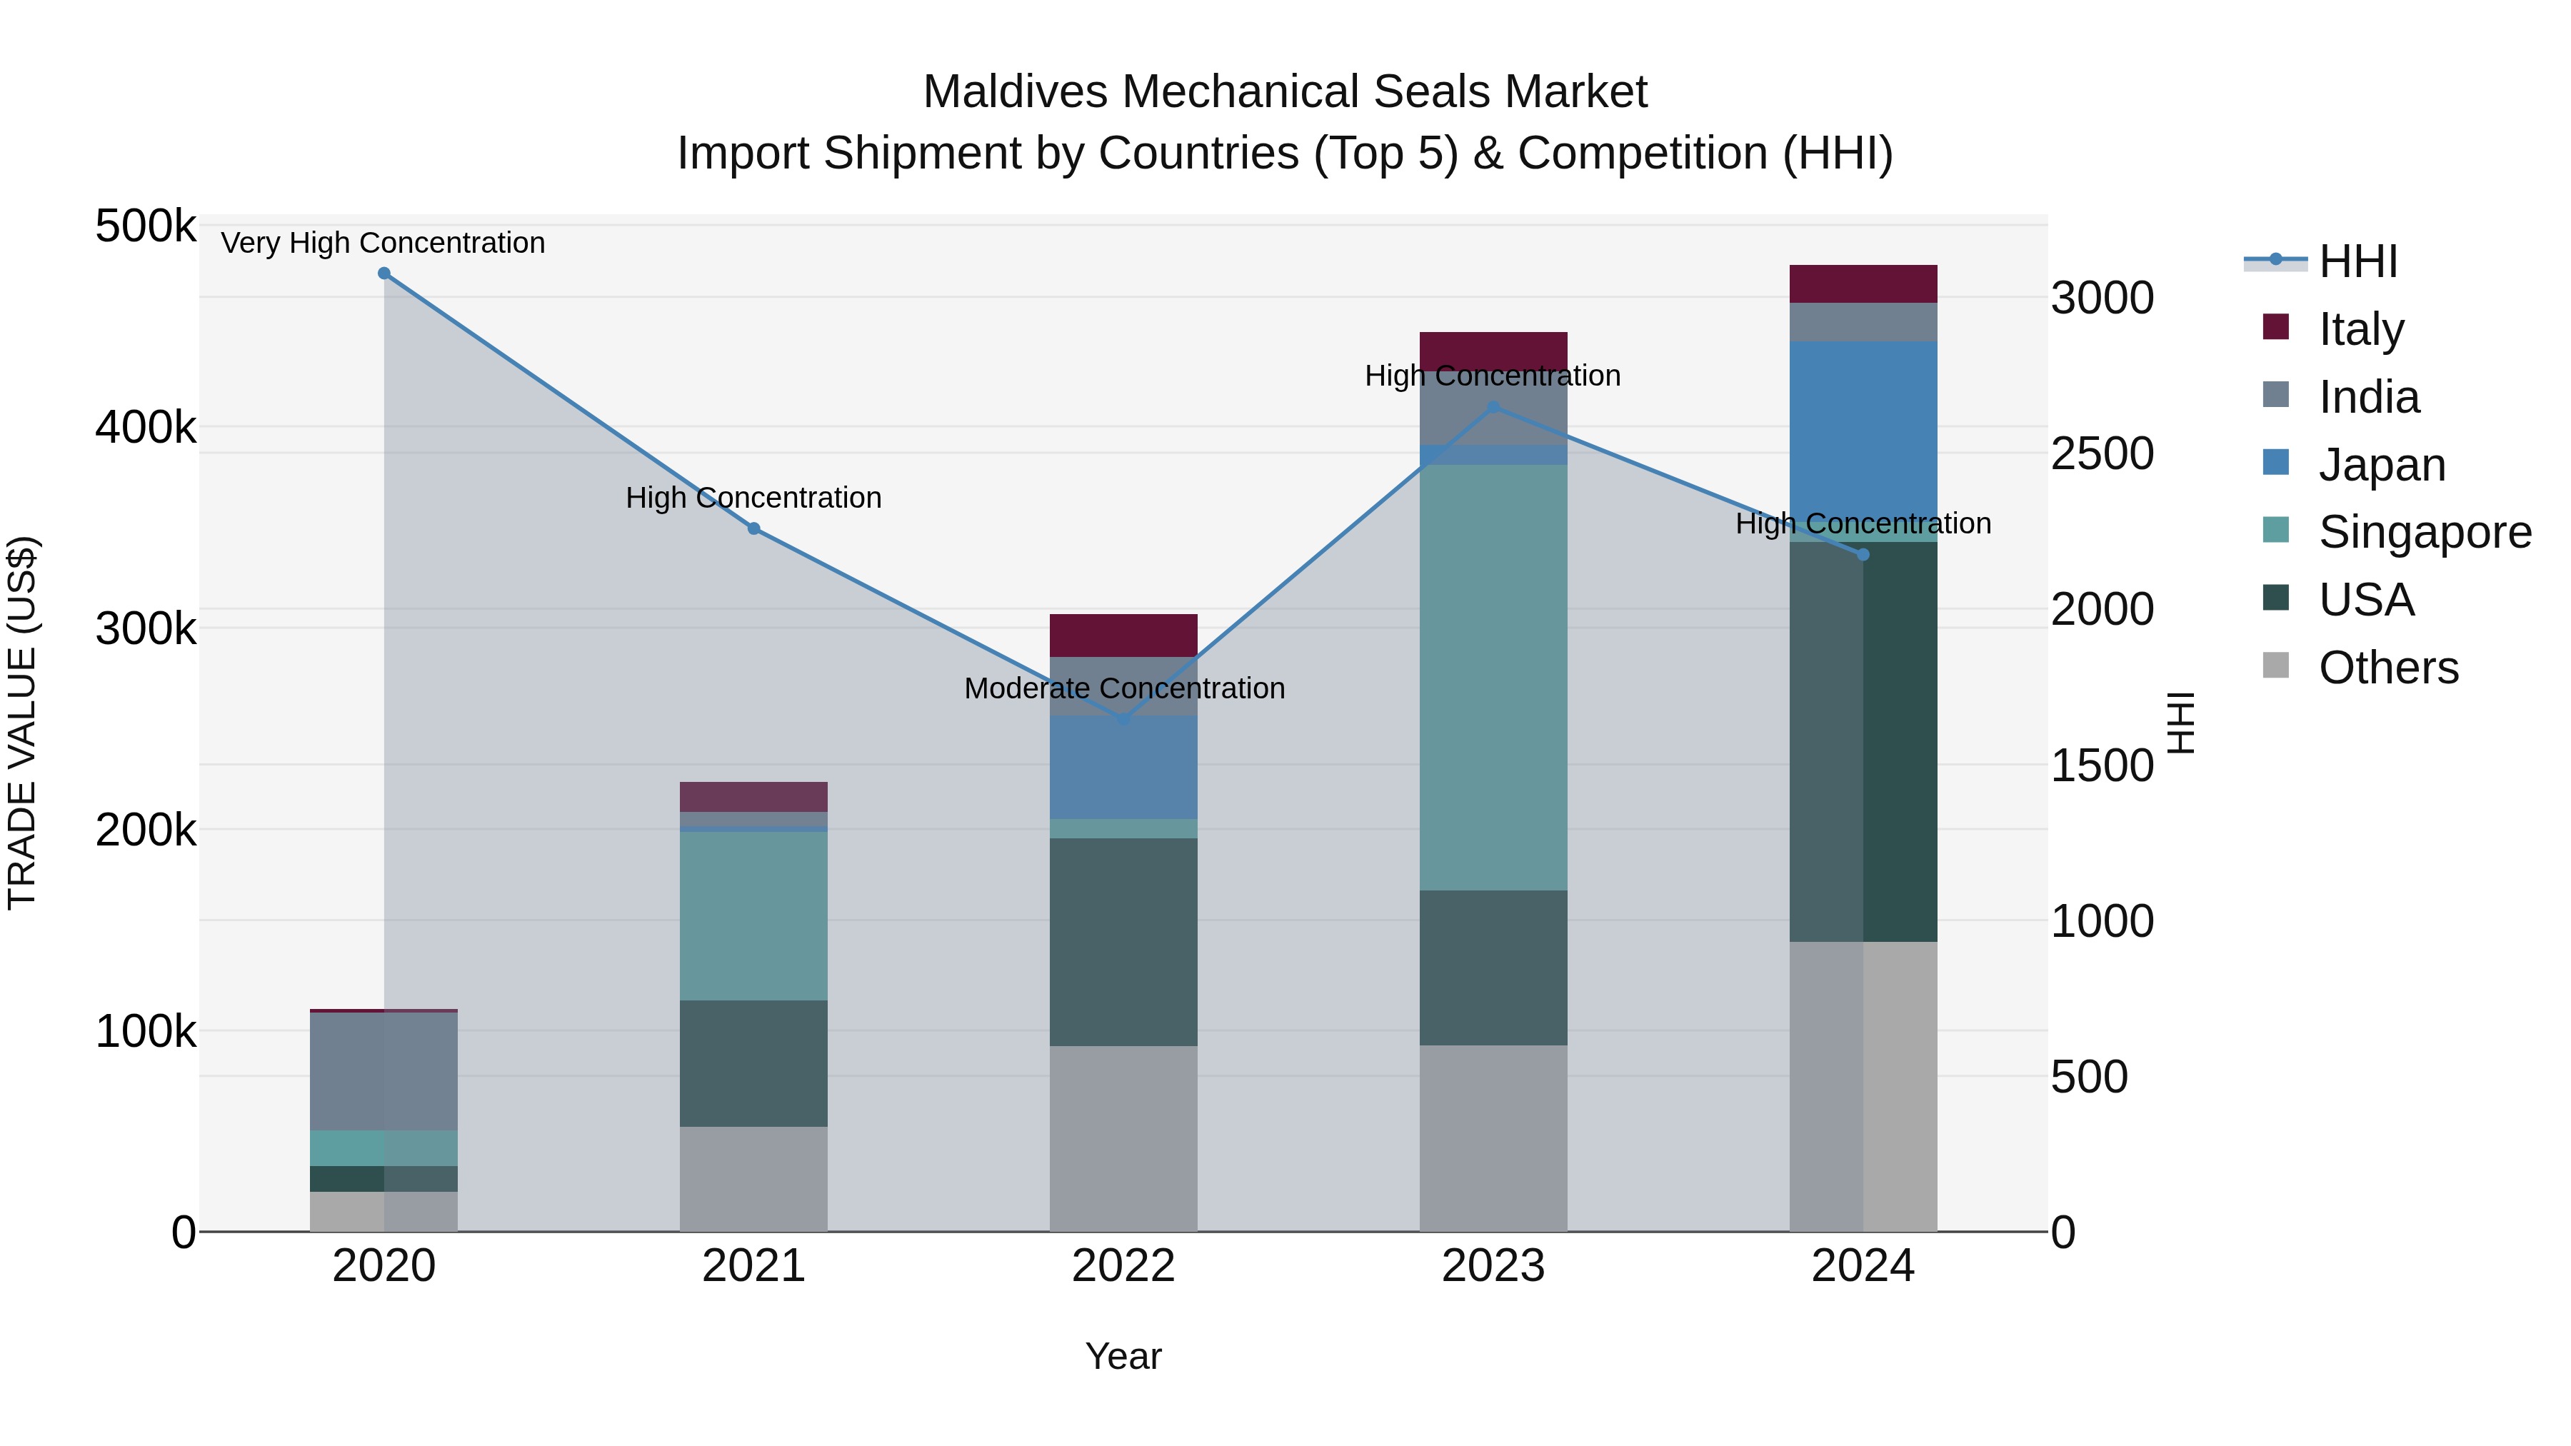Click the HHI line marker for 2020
coord(384,273)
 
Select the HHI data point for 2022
coord(1124,718)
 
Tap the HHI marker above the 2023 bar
coord(1493,407)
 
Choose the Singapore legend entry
coord(2425,532)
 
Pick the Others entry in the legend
coord(2387,668)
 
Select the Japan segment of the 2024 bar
coord(1863,429)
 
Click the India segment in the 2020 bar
coord(384,1071)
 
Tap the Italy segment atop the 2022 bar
coord(1124,635)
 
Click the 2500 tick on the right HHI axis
coord(2102,454)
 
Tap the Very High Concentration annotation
coord(384,243)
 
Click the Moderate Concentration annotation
coord(1124,688)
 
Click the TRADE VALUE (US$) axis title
coord(23,723)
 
